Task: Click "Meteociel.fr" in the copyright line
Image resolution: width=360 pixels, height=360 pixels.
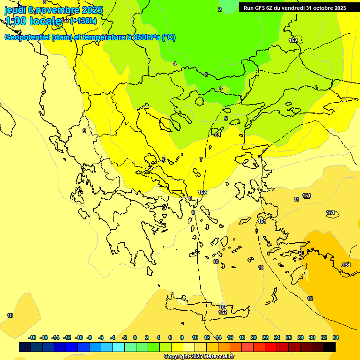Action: (x=216, y=357)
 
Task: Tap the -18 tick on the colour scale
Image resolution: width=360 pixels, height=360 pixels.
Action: (x=32, y=337)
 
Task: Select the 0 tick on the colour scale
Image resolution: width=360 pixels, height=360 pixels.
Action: (x=135, y=337)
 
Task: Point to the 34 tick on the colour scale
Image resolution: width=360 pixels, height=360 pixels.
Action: (x=335, y=337)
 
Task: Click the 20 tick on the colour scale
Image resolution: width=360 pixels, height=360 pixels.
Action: (x=254, y=337)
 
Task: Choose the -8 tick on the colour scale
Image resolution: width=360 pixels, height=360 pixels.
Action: (x=89, y=337)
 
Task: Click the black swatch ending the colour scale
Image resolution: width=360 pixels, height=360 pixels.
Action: (x=330, y=347)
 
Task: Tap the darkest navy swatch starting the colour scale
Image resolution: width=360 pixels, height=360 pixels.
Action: (x=25, y=347)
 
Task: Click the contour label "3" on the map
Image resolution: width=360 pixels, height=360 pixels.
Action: (x=206, y=75)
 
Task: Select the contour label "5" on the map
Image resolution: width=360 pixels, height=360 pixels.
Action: (x=226, y=119)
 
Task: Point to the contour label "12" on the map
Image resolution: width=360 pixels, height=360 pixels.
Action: (x=310, y=299)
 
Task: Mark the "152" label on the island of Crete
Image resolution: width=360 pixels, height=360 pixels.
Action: (x=223, y=312)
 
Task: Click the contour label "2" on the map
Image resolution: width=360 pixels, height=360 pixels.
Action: (x=219, y=9)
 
